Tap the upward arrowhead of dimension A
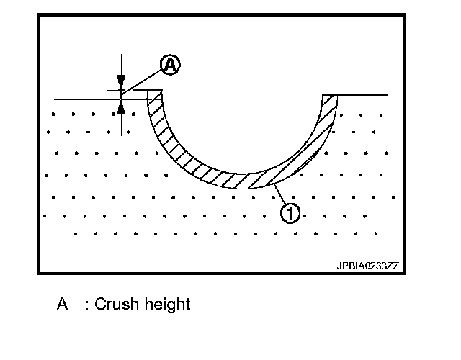click(121, 107)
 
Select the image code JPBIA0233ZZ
click(367, 266)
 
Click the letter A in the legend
click(63, 305)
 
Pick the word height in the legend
click(169, 305)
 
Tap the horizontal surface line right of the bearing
click(364, 95)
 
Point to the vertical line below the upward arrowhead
click(121, 122)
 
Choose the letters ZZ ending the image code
click(393, 266)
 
